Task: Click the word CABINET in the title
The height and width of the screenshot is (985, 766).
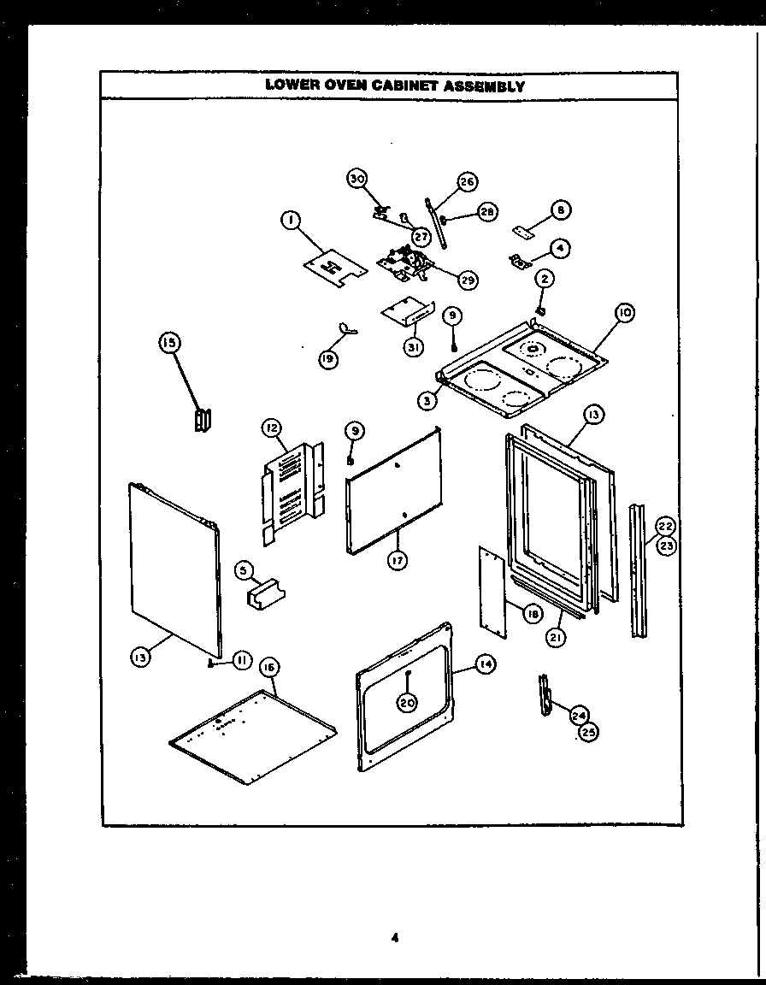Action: tap(404, 86)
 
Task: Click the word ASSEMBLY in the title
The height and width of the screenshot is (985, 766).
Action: tap(485, 86)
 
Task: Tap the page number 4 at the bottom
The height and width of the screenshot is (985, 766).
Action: tap(394, 936)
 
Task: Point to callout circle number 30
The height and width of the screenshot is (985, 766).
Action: tap(357, 178)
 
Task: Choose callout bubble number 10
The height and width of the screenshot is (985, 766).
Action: tap(624, 314)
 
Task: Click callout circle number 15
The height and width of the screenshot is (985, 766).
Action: tap(168, 343)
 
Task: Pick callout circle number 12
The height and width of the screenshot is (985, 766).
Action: tap(271, 427)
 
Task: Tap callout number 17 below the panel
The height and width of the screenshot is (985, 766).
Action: tap(398, 560)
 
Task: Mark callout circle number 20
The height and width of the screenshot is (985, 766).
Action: tap(408, 702)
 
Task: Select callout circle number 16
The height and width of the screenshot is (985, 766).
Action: tap(269, 691)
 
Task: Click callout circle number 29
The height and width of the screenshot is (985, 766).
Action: tap(468, 279)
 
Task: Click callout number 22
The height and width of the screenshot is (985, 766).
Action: tap(666, 526)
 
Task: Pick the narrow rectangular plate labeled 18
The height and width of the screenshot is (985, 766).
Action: tap(493, 592)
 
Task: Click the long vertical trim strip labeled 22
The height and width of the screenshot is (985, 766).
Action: tap(637, 581)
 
